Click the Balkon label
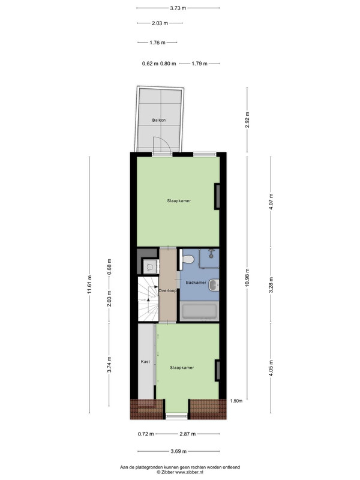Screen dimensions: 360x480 pyautogui.click(x=159, y=121)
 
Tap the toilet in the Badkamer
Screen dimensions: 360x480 pyautogui.click(x=187, y=260)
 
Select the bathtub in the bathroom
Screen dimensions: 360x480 pyautogui.click(x=199, y=311)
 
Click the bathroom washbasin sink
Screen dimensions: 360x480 pyautogui.click(x=214, y=285)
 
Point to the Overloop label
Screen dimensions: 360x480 pyautogui.click(x=167, y=290)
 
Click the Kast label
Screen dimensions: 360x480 pyautogui.click(x=145, y=362)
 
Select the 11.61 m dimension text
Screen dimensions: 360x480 pyautogui.click(x=89, y=284)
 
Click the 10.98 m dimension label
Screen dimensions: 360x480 pyautogui.click(x=247, y=277)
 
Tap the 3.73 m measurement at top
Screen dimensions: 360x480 pyautogui.click(x=178, y=8)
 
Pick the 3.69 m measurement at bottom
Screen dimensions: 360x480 pyautogui.click(x=178, y=451)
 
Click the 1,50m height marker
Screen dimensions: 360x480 pyautogui.click(x=236, y=401)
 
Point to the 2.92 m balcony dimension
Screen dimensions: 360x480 pyautogui.click(x=247, y=119)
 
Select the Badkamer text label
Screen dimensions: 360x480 pyautogui.click(x=196, y=283)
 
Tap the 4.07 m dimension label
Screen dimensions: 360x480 pyautogui.click(x=271, y=201)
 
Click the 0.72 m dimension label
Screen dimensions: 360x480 pyautogui.click(x=146, y=434)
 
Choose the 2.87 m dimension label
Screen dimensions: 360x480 pyautogui.click(x=187, y=434)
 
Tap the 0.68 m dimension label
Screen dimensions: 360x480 pyautogui.click(x=109, y=267)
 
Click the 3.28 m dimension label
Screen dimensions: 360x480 pyautogui.click(x=271, y=284)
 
